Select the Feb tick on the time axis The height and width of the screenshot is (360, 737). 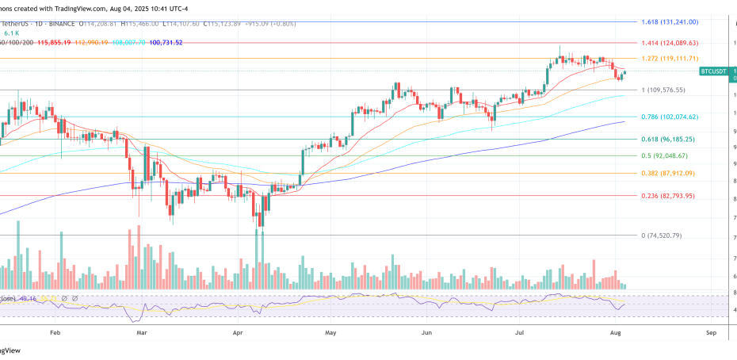(x=55, y=334)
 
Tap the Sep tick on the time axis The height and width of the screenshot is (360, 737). (x=710, y=334)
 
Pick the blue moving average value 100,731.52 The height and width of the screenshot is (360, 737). (x=162, y=41)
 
